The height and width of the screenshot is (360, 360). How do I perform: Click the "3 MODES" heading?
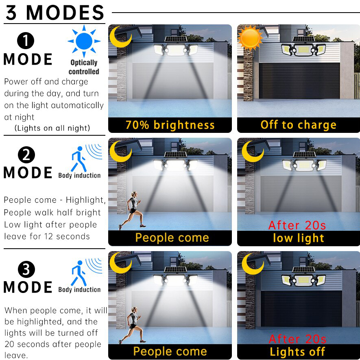[55, 13]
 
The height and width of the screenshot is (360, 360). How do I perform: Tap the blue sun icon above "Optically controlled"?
[84, 41]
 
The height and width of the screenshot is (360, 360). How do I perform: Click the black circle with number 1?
[26, 41]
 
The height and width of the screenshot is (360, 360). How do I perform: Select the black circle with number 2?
[26, 155]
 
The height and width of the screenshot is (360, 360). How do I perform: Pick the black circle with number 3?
[26, 269]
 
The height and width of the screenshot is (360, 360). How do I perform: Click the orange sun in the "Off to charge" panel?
[250, 38]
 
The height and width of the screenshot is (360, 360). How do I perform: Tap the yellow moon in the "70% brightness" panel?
[120, 37]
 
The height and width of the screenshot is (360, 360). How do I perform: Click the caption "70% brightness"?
[170, 125]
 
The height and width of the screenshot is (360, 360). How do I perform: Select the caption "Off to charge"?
[299, 125]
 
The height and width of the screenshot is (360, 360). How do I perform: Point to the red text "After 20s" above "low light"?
[297, 225]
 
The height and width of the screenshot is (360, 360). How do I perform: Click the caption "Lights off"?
[297, 352]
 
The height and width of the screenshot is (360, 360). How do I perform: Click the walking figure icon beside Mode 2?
[79, 159]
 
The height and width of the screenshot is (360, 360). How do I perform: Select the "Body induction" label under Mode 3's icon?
[80, 290]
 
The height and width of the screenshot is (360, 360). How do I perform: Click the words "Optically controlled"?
[84, 67]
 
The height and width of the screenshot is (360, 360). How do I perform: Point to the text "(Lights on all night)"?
[52, 128]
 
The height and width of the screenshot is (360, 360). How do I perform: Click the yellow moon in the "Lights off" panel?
[253, 264]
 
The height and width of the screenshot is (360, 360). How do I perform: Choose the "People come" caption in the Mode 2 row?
[172, 238]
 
